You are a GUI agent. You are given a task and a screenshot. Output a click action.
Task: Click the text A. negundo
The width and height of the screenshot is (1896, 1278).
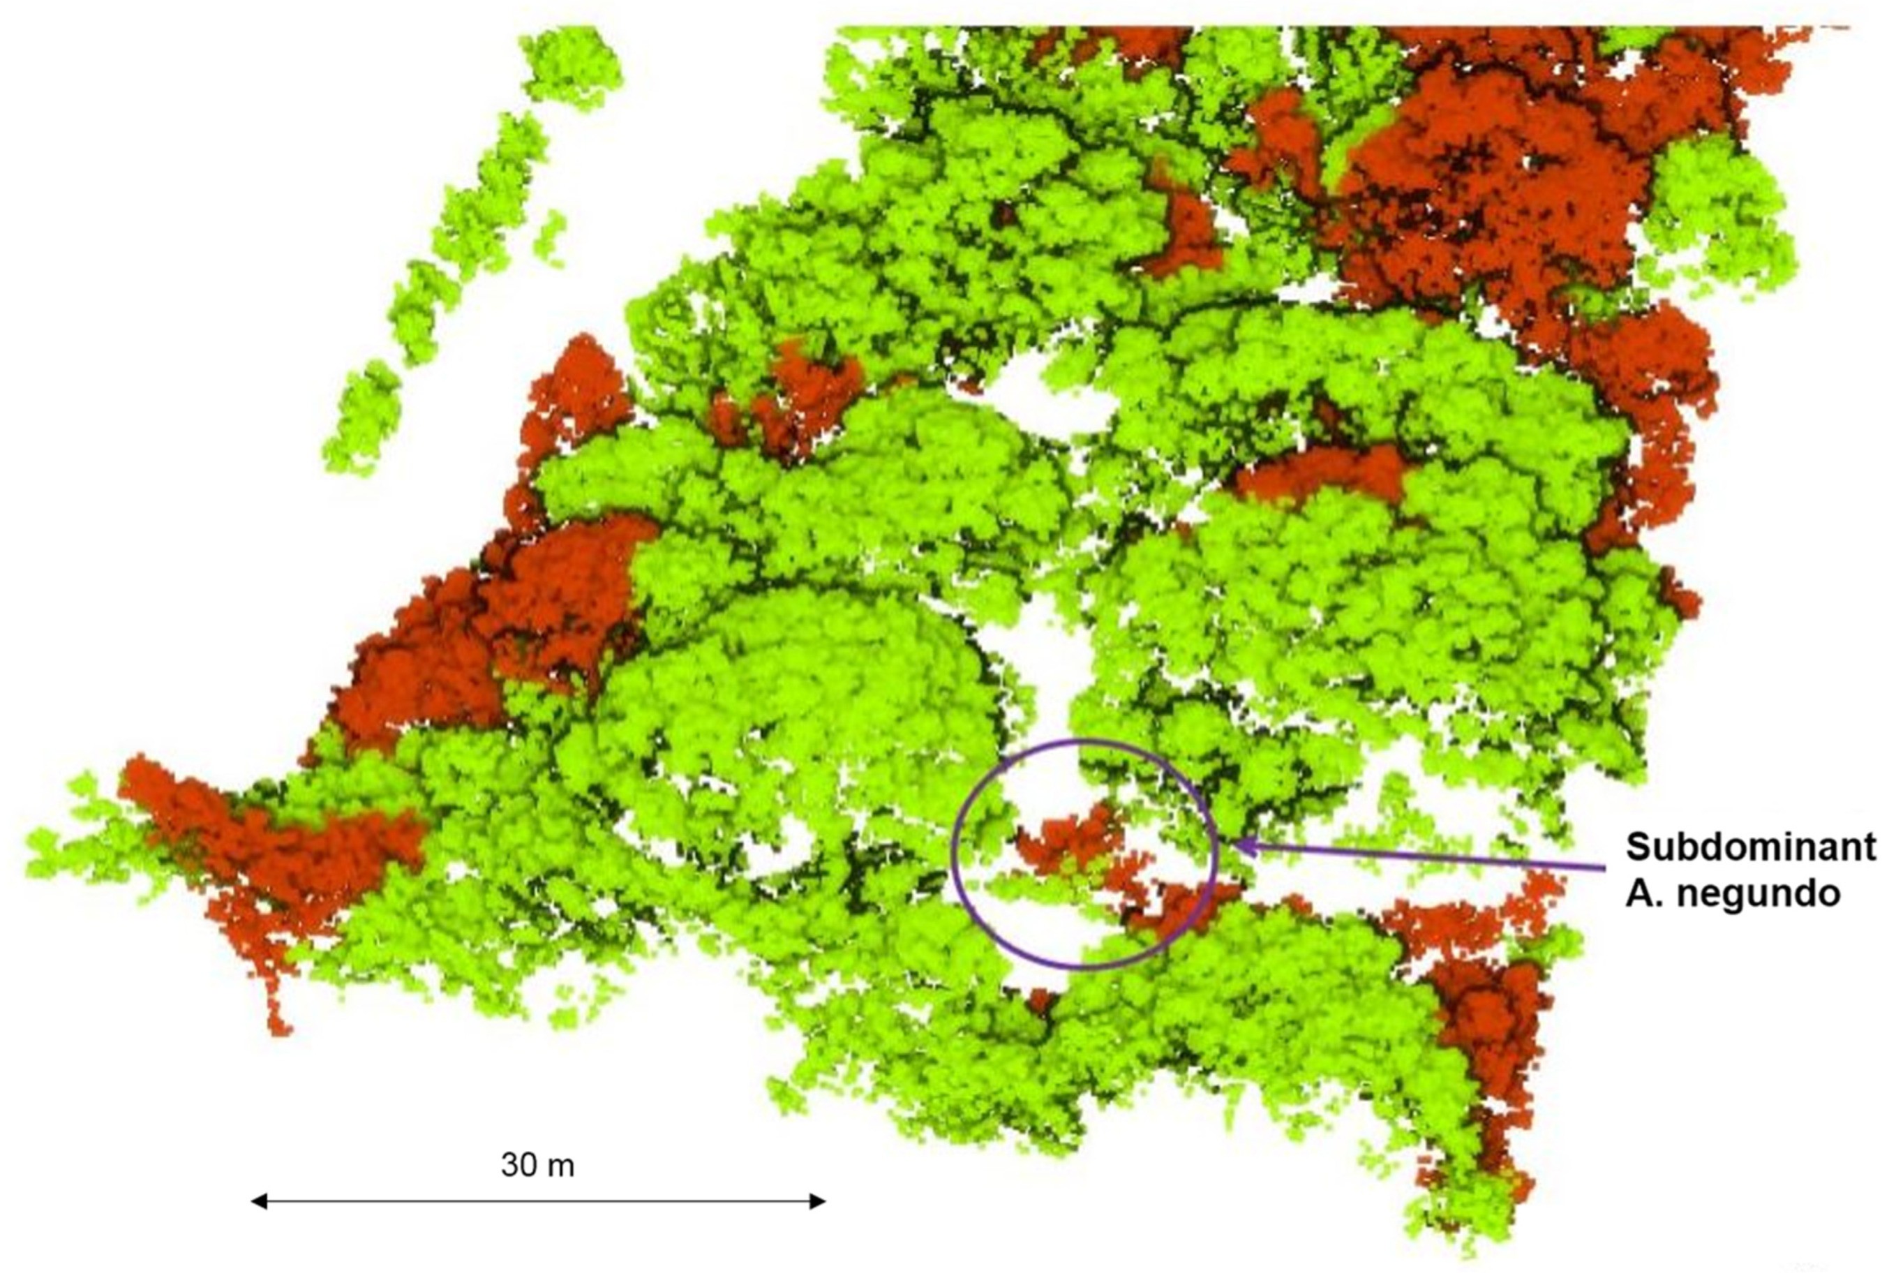pyautogui.click(x=1733, y=894)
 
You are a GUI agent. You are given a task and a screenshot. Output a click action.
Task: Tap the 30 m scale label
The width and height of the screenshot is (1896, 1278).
pyautogui.click(x=537, y=1165)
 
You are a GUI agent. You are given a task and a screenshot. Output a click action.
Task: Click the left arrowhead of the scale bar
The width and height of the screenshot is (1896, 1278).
pyautogui.click(x=259, y=1201)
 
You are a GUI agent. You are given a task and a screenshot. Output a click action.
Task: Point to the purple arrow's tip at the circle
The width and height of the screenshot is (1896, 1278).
pyautogui.click(x=1240, y=846)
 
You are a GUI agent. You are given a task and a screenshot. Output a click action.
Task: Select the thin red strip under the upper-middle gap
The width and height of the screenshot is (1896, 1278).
pyautogui.click(x=1320, y=473)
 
